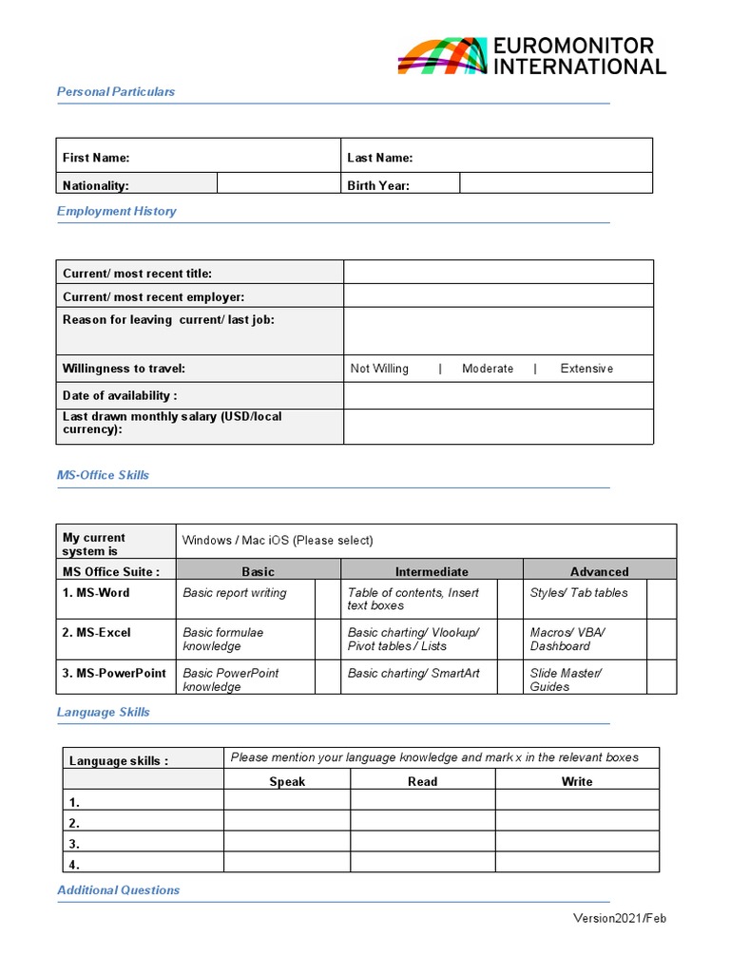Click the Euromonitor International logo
click(x=531, y=56)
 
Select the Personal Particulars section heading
click(x=116, y=92)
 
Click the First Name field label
click(x=96, y=158)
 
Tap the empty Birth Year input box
click(x=556, y=183)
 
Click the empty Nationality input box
click(x=279, y=183)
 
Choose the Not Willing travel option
click(x=379, y=369)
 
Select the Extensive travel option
click(x=586, y=369)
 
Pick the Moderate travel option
click(x=487, y=369)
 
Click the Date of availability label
click(x=120, y=395)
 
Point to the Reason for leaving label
click(x=168, y=320)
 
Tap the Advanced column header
click(x=599, y=572)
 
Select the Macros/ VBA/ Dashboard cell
click(x=567, y=639)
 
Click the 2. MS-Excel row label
click(x=97, y=633)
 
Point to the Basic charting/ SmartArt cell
click(x=413, y=674)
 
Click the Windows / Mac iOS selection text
click(x=278, y=541)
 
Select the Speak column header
click(x=287, y=782)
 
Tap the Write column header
click(x=577, y=782)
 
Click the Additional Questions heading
click(x=118, y=890)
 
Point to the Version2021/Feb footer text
click(x=619, y=918)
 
